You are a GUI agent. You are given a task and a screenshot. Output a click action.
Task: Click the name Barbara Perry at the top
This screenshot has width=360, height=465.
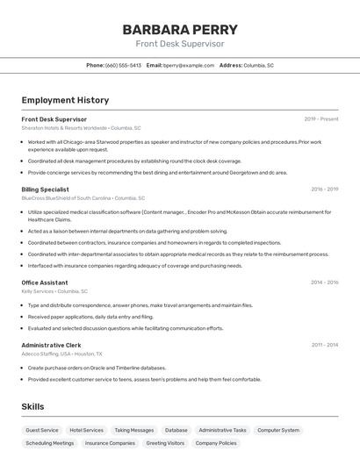pos(179,29)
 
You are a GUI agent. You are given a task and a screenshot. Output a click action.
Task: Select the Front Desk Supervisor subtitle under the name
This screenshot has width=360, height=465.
pos(179,44)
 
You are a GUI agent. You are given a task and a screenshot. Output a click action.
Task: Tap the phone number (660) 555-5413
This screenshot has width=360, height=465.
pos(123,65)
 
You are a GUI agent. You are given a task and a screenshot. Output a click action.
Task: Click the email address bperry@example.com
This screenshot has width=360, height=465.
pos(189,65)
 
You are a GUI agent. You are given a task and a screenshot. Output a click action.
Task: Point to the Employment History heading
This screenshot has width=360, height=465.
pos(65,100)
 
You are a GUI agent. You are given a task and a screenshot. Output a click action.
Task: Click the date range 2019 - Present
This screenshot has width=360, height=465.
pos(321,119)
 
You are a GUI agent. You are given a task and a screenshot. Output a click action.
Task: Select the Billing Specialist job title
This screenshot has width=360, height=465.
pos(45,189)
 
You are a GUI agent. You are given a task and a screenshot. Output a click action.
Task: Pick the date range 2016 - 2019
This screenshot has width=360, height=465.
pos(324,189)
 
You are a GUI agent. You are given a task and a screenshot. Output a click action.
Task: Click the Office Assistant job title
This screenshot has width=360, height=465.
pos(44,283)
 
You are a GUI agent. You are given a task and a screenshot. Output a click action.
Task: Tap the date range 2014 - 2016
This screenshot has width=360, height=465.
pos(324,283)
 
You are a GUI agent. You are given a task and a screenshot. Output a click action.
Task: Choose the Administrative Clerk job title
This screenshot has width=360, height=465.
pos(51,345)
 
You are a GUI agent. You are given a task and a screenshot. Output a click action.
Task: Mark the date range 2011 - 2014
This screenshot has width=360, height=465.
pos(324,345)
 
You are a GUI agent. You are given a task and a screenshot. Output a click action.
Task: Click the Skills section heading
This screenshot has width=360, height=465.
pos(32,407)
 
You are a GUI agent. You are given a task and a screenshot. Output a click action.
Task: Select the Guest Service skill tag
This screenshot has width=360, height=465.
pos(42,431)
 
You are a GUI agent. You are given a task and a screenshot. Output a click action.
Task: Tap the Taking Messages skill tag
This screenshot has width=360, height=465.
pos(133,431)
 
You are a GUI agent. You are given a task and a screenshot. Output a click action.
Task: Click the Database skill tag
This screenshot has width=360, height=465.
pos(176,431)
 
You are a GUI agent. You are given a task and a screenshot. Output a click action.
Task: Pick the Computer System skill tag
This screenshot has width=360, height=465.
pos(278,431)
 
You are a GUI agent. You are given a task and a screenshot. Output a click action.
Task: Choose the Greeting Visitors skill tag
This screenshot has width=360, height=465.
pos(165,443)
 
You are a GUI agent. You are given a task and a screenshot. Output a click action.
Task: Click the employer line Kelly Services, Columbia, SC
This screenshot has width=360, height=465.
pos(54,291)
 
